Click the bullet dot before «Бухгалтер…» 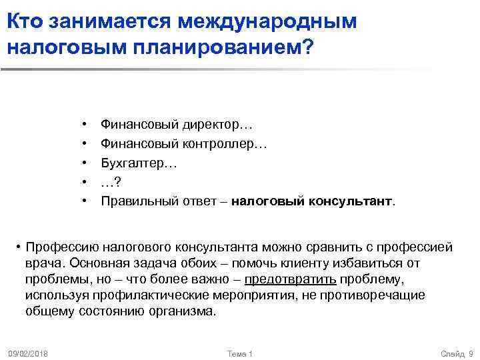tap(85, 162)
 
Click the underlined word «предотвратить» tap(290, 279)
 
